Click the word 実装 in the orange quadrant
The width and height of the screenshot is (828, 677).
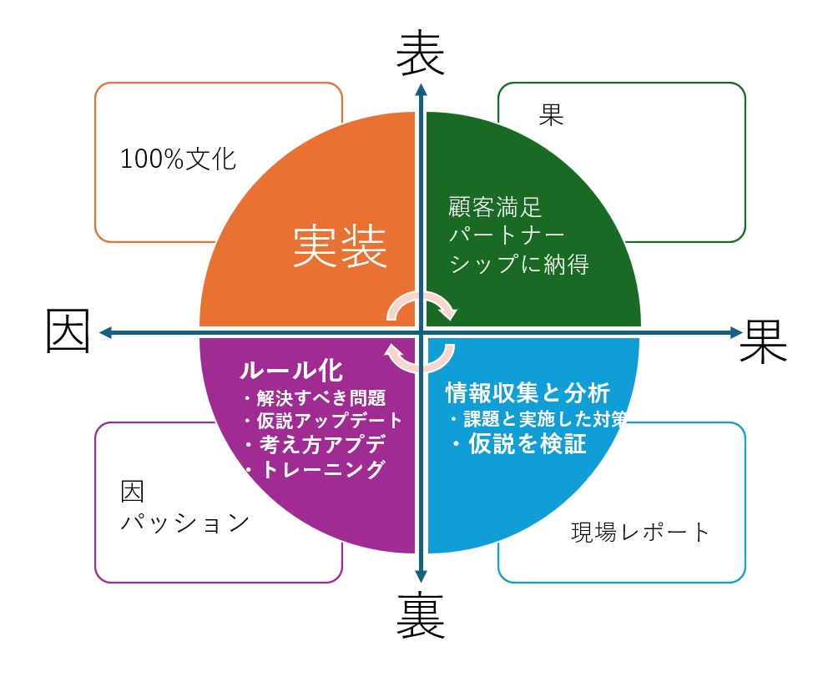point(341,248)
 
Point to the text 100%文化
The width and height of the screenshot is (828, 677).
point(179,159)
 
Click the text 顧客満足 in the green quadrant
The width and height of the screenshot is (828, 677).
point(495,206)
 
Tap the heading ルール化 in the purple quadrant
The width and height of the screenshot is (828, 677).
point(291,370)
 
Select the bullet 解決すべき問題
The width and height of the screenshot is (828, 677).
point(320,397)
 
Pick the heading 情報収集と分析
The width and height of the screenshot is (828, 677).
point(528,392)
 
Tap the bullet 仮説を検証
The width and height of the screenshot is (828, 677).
point(523,443)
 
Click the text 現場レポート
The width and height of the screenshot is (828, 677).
point(640,532)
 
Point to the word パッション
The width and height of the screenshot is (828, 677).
point(185,523)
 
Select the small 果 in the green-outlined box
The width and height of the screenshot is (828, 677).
point(552,115)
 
